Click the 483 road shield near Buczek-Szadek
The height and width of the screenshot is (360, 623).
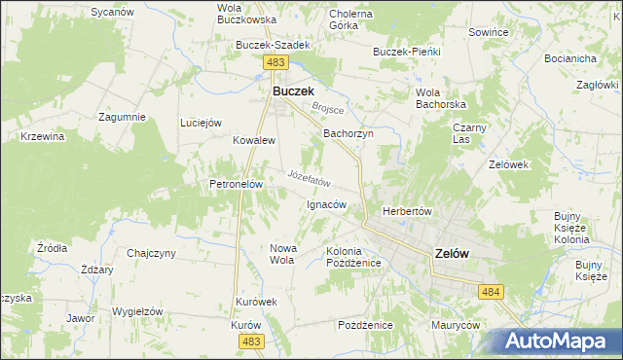coord(275,62)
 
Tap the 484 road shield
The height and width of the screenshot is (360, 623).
coord(490,291)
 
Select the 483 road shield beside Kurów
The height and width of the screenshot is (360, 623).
coord(251,341)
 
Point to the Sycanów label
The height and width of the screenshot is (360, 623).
coord(111,12)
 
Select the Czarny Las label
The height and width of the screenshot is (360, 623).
coord(469,133)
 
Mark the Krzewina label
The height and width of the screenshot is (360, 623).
coord(42,136)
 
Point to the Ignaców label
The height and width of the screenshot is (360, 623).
coord(326,204)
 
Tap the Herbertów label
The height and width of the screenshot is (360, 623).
coord(407,211)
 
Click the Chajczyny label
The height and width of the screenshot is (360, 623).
coord(151,253)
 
